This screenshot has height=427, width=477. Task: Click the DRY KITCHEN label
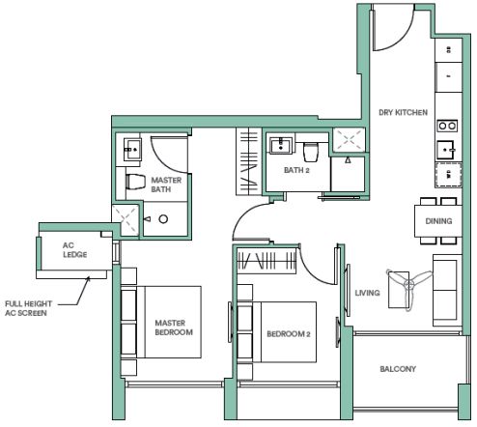(x=403, y=112)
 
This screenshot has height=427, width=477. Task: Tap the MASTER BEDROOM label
(x=174, y=327)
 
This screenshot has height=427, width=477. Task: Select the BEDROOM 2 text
(x=289, y=334)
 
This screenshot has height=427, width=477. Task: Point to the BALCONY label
(x=398, y=369)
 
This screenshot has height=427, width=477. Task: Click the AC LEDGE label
(x=74, y=250)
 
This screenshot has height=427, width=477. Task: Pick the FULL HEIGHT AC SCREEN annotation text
(x=28, y=308)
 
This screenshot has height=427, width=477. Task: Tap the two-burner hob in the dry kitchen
(x=447, y=126)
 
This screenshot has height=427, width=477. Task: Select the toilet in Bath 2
(x=311, y=152)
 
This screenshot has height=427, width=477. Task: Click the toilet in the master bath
(x=135, y=182)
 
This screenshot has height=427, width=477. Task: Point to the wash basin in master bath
(x=132, y=150)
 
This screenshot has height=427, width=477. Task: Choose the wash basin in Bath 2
(x=281, y=145)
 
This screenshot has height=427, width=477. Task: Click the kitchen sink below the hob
(x=446, y=150)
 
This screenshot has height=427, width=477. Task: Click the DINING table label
(x=438, y=221)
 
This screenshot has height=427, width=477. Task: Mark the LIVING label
(x=367, y=293)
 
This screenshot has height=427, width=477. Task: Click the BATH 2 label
(x=296, y=170)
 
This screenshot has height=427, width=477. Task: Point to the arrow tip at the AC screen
(x=89, y=277)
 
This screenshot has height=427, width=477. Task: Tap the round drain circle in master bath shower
(x=163, y=219)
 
